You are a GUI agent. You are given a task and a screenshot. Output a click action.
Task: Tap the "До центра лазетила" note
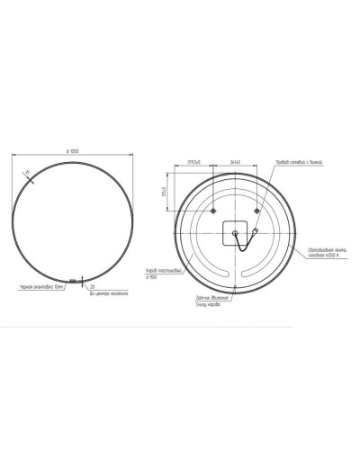[105, 292]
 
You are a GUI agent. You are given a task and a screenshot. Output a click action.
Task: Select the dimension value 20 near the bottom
[93, 285]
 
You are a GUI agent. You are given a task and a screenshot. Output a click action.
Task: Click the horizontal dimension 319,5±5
[194, 162]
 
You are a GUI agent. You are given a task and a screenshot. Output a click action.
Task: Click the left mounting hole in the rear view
[213, 211]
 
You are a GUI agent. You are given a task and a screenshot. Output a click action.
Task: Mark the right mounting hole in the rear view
[257, 211]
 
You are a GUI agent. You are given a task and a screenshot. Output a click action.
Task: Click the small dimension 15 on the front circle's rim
[28, 172]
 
